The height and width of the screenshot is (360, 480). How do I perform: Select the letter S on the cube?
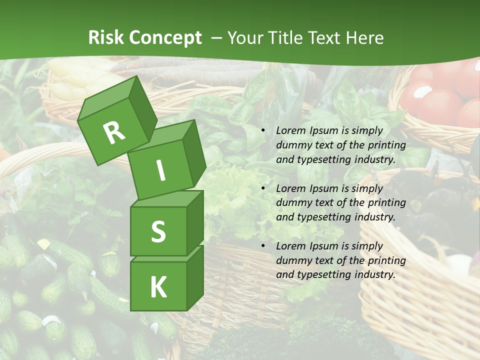[x=158, y=231]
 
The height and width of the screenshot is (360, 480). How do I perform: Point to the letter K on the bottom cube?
[x=158, y=287]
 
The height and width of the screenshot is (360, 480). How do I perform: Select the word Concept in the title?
[x=166, y=38]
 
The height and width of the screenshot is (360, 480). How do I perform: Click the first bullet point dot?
[x=263, y=131]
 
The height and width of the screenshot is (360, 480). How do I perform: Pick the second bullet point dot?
[x=263, y=189]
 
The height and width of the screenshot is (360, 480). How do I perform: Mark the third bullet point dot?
[x=263, y=246]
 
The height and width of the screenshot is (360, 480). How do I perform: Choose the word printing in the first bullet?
[x=387, y=145]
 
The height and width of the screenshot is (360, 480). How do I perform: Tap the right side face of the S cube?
[x=195, y=223]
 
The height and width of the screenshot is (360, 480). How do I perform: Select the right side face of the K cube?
[x=195, y=277]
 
